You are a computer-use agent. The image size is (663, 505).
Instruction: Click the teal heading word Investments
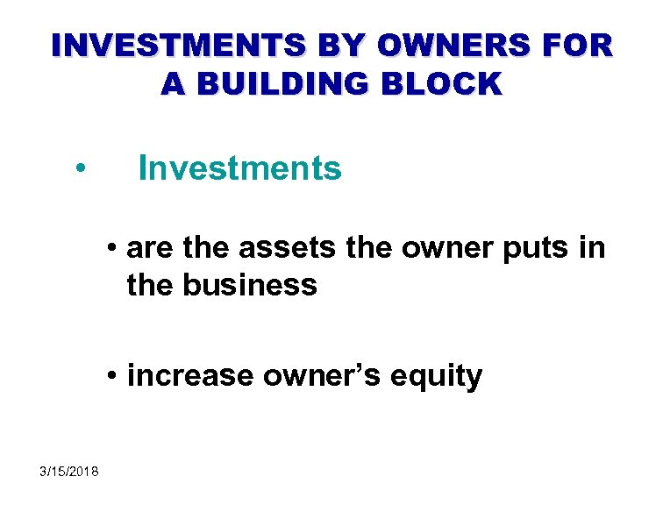(239, 167)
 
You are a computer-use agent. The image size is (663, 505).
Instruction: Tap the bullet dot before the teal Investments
(80, 169)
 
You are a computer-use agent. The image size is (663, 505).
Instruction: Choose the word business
(248, 284)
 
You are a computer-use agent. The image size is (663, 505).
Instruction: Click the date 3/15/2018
(69, 473)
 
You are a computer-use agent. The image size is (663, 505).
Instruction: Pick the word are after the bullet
(146, 249)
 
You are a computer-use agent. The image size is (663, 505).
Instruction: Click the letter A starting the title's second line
(172, 83)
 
